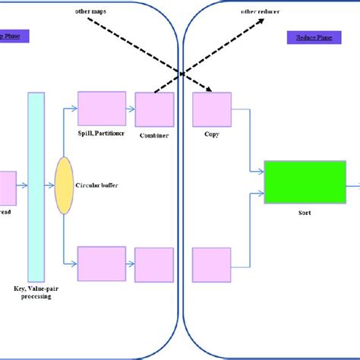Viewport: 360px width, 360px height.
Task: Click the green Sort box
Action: [304, 182]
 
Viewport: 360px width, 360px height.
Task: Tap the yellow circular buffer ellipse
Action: [64, 185]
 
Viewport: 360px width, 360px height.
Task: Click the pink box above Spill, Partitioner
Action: [102, 109]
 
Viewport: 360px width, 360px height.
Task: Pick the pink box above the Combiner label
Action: [154, 109]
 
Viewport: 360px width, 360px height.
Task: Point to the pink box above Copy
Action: [211, 109]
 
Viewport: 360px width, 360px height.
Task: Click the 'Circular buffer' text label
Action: [98, 185]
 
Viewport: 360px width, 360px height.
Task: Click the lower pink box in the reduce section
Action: [211, 264]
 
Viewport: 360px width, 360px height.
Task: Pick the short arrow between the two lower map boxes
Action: [130, 264]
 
